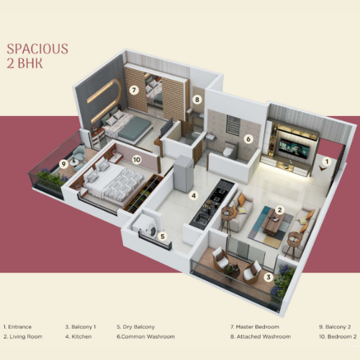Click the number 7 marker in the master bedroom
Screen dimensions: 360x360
coord(134,90)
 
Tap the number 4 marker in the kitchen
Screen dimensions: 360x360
coord(194,196)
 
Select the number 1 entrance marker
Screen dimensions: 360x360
coord(327,162)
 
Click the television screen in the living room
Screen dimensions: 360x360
coord(293,148)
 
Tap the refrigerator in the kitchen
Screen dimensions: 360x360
coord(183,174)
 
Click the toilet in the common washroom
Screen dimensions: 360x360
coord(228,150)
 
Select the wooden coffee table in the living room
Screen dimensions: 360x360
coord(273,220)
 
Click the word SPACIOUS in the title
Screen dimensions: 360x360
coord(37,49)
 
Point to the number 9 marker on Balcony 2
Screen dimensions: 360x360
coord(63,164)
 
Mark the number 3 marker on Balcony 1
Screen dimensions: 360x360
coord(269,277)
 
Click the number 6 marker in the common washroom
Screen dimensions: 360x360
coord(248,139)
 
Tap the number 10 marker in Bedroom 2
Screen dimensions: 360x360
coord(137,159)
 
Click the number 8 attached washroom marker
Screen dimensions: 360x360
coord(197,99)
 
